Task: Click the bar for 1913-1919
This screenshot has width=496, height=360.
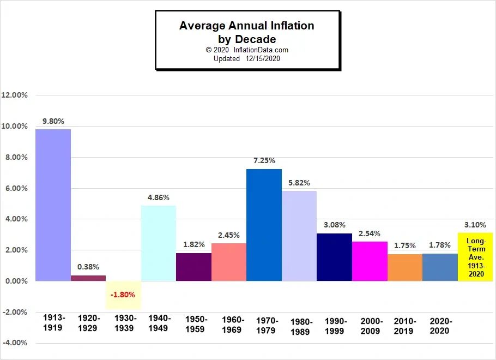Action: (x=53, y=205)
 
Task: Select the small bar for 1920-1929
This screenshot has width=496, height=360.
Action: (x=88, y=278)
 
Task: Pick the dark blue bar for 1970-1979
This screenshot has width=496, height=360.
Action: (x=264, y=225)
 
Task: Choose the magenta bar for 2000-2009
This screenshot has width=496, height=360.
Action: (x=370, y=261)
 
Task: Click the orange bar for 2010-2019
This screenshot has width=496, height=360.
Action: (x=405, y=267)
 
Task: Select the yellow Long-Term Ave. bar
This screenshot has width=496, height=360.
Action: (x=475, y=257)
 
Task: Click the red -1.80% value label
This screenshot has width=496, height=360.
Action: (x=123, y=295)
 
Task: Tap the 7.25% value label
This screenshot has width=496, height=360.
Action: (x=264, y=161)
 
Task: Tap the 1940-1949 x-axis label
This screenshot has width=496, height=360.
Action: (x=159, y=322)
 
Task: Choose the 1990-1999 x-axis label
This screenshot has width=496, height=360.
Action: (x=335, y=325)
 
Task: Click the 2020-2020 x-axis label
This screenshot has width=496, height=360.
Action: (x=440, y=325)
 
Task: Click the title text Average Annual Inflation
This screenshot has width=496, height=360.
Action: (x=246, y=26)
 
